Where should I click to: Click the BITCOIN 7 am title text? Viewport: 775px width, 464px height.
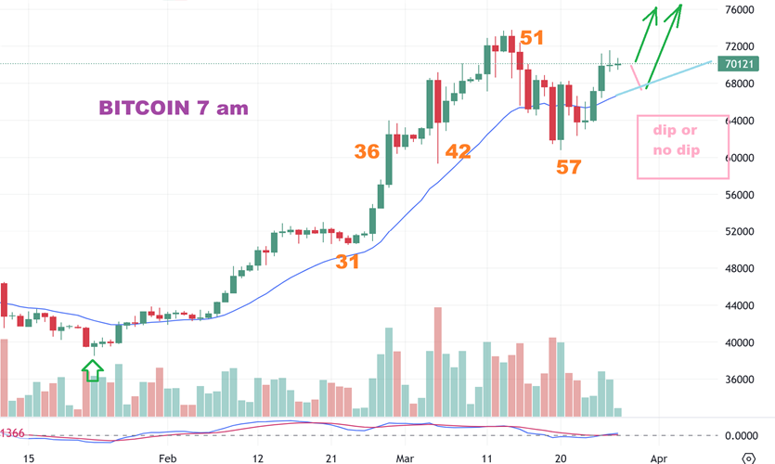pos(174,108)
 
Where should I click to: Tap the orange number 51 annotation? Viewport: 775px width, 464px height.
pos(532,38)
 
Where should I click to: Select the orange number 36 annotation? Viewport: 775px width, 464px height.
pos(367,151)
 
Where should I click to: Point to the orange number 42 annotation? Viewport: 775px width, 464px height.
pos(458,151)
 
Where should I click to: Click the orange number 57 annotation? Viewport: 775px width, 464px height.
pos(568,167)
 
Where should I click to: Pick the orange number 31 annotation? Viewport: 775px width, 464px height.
pos(347,262)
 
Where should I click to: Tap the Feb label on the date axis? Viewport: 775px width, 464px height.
pos(167,458)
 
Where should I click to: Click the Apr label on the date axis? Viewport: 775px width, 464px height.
pos(658,458)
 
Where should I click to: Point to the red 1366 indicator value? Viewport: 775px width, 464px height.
pos(12,433)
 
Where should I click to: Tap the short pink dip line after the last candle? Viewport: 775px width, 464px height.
pos(636,76)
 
